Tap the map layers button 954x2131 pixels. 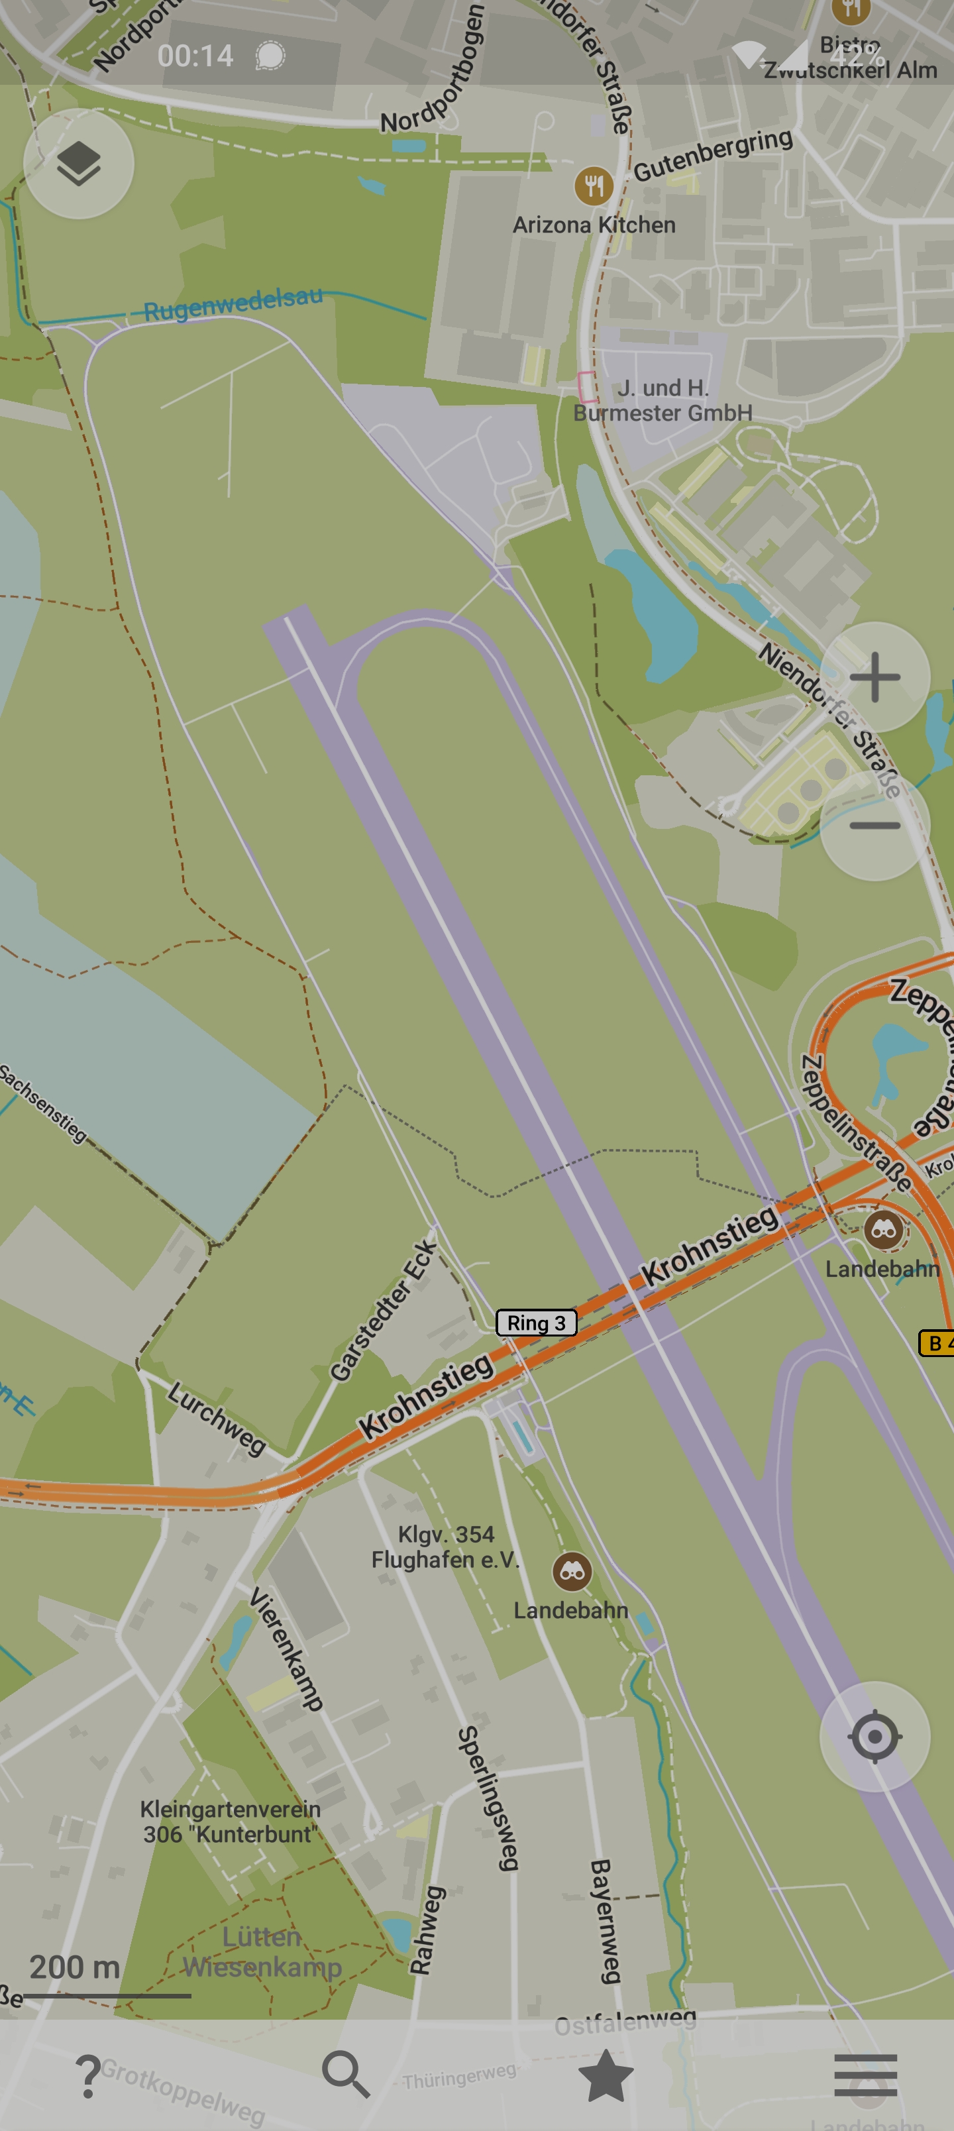click(x=79, y=163)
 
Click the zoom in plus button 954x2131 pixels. click(x=874, y=677)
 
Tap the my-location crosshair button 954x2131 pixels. click(x=874, y=1736)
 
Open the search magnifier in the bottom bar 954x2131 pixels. click(x=345, y=2074)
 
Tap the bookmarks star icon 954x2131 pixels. click(x=606, y=2075)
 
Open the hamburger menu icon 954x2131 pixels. click(x=865, y=2075)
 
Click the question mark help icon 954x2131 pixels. click(x=87, y=2075)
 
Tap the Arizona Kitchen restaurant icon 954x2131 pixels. click(x=593, y=186)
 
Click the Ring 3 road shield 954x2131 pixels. click(x=536, y=1323)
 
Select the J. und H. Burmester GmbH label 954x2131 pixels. click(x=662, y=400)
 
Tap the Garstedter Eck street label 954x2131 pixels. click(x=382, y=1311)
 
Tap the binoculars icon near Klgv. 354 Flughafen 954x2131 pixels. click(x=572, y=1571)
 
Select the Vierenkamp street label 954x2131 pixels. click(x=286, y=1648)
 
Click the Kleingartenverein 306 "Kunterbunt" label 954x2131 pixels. click(x=230, y=1822)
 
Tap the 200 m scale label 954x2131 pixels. click(x=74, y=1967)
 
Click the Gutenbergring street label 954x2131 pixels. click(x=712, y=154)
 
